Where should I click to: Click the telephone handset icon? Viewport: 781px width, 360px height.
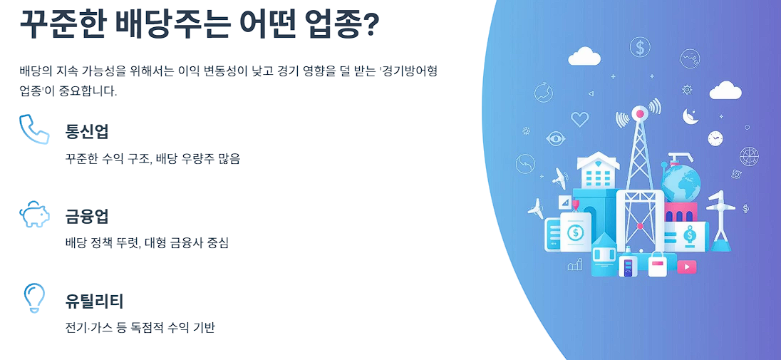(x=33, y=129)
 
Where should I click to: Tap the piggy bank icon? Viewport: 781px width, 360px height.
(x=34, y=214)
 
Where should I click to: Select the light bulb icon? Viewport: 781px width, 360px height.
(x=34, y=298)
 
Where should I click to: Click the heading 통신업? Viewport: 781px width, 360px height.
(x=87, y=132)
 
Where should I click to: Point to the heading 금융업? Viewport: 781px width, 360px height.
(x=87, y=217)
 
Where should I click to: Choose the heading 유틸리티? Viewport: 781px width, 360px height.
(x=94, y=302)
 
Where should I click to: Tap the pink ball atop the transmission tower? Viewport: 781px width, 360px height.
(x=639, y=114)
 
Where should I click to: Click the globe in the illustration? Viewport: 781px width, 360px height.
(x=681, y=180)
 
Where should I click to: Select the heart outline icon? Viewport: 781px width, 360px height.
(x=580, y=119)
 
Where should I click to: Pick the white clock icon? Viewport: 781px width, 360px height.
(x=715, y=138)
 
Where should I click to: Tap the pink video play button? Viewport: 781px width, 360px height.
(x=687, y=267)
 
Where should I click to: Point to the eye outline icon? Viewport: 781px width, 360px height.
(x=555, y=138)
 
